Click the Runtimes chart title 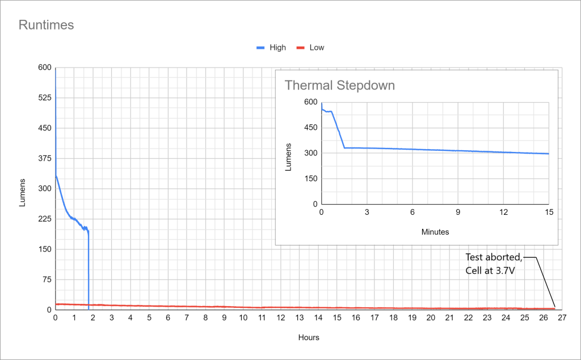(x=47, y=25)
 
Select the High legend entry (x=277, y=48)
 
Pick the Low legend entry (x=317, y=48)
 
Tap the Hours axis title (x=309, y=337)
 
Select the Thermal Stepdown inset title (x=339, y=86)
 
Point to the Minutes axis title (x=436, y=232)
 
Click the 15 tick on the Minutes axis (x=549, y=212)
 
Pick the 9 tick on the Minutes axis (x=458, y=212)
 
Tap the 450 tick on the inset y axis (x=310, y=128)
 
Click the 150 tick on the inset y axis (x=310, y=179)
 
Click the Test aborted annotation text (x=493, y=256)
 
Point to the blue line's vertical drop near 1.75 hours (x=89, y=266)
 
